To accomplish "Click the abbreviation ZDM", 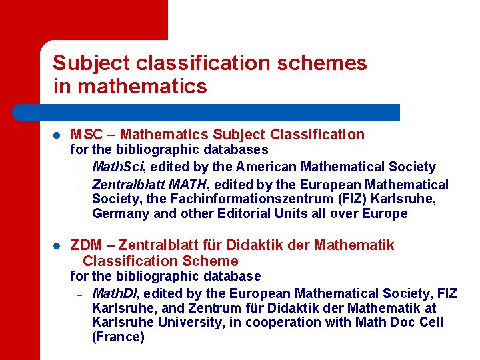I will [x=85, y=246].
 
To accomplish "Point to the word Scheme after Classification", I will [x=211, y=261].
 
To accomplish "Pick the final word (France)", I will [x=118, y=337].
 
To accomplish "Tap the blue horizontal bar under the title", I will [x=220, y=112].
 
